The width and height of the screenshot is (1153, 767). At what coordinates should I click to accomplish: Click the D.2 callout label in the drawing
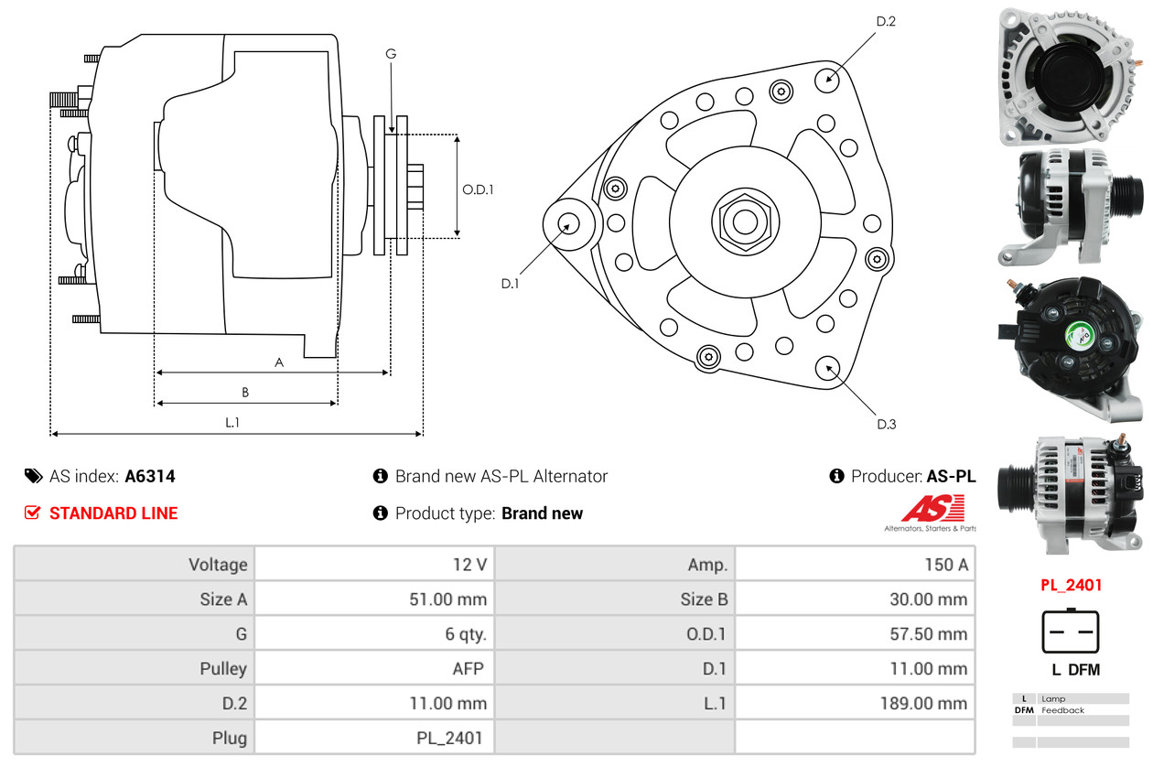tap(885, 21)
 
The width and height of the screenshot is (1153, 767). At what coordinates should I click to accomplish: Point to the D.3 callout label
tap(886, 424)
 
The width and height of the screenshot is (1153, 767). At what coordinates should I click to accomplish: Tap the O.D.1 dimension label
tap(478, 189)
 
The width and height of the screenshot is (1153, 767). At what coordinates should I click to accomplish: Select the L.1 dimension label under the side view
tap(232, 422)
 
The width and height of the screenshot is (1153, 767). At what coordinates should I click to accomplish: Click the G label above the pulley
tap(391, 54)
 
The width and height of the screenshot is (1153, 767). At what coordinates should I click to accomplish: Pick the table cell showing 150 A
tap(855, 564)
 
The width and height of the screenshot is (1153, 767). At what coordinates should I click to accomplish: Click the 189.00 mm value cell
tap(855, 703)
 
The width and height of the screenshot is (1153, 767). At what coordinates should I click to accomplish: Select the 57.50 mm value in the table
tap(855, 633)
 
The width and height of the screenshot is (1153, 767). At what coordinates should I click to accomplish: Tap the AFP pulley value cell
tap(374, 668)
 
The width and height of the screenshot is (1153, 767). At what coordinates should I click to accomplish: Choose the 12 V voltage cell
tap(374, 564)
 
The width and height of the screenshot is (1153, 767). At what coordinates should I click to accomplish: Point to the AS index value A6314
tap(150, 476)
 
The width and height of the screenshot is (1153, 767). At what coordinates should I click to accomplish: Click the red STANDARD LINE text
tap(113, 513)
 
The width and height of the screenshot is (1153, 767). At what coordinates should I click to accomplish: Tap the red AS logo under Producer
tap(932, 508)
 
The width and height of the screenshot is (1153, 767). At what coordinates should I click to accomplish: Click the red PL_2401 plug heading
tap(1071, 585)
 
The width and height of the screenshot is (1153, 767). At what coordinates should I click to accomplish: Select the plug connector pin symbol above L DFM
tap(1071, 631)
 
